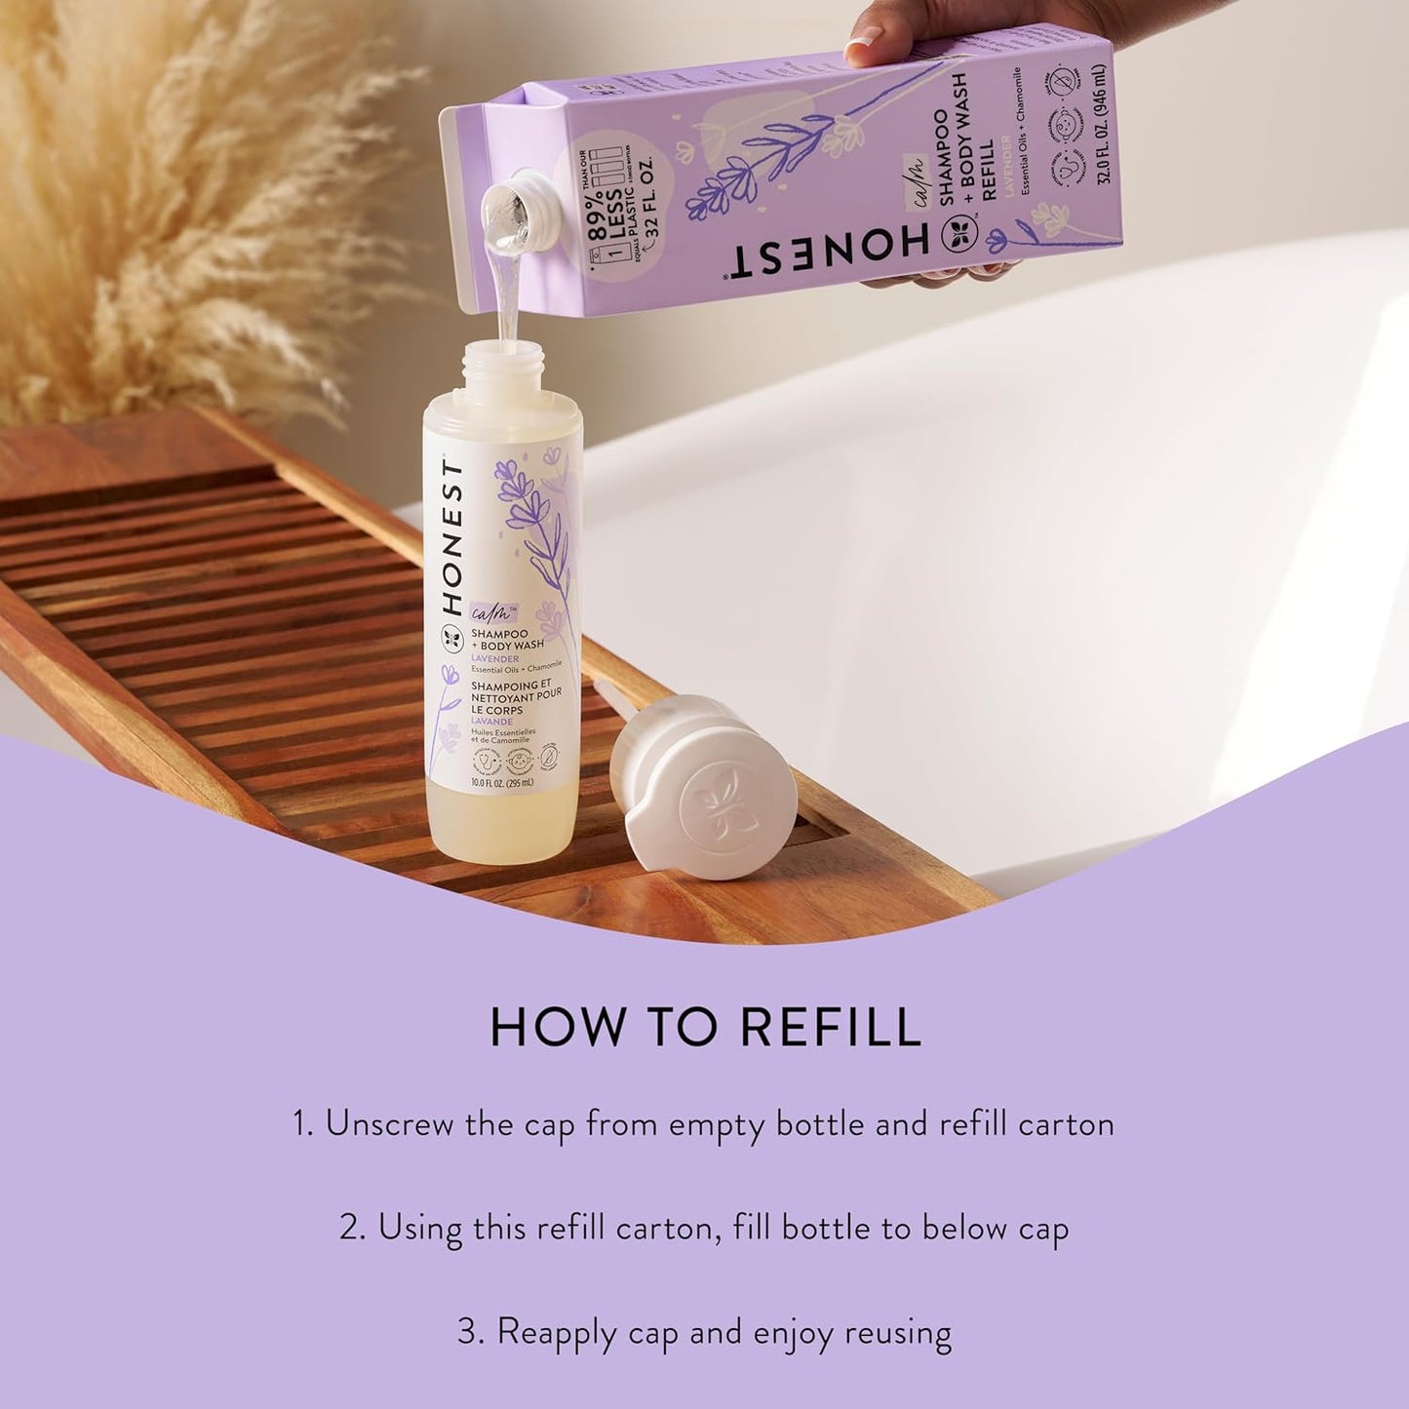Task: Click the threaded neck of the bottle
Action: (x=501, y=372)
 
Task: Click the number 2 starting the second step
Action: (x=351, y=1228)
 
